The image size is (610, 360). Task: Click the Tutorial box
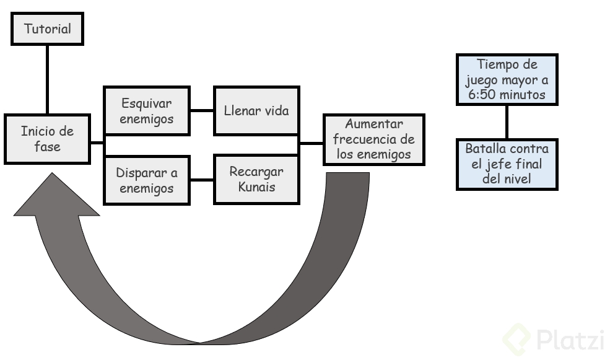pyautogui.click(x=47, y=29)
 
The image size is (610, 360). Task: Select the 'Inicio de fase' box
pyautogui.click(x=47, y=139)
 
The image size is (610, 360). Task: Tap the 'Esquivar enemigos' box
pyautogui.click(x=147, y=111)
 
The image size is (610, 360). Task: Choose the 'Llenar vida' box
pyautogui.click(x=256, y=111)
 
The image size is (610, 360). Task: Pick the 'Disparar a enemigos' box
pyautogui.click(x=147, y=180)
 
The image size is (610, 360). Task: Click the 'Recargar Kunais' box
pyautogui.click(x=256, y=179)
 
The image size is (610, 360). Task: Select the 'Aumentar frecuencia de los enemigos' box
pyautogui.click(x=373, y=139)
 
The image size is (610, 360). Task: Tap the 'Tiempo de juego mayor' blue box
pyautogui.click(x=507, y=80)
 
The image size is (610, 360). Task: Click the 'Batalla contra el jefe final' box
pyautogui.click(x=507, y=164)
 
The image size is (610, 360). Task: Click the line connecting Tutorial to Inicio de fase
pyautogui.click(x=47, y=79)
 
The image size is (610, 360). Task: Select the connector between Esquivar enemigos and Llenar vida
pyautogui.click(x=201, y=111)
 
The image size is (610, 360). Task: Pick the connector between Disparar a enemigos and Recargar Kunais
pyautogui.click(x=201, y=180)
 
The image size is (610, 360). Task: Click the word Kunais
pyautogui.click(x=256, y=187)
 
